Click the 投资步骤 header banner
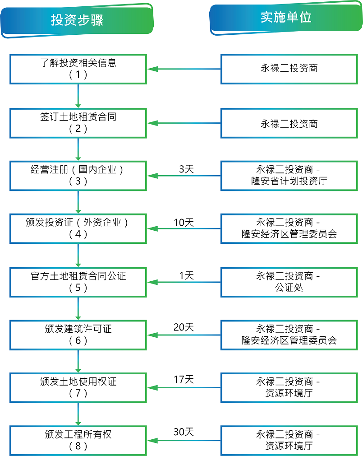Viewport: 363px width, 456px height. [x=77, y=20]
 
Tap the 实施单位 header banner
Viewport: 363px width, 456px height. [x=286, y=18]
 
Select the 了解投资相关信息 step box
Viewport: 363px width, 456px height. [x=78, y=69]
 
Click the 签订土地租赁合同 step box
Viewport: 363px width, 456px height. [x=78, y=123]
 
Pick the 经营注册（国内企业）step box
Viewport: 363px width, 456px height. [x=78, y=176]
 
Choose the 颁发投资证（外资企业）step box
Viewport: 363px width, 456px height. [x=78, y=228]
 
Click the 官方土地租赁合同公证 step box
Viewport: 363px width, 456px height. [x=78, y=282]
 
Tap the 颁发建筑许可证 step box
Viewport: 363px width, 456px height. [x=78, y=335]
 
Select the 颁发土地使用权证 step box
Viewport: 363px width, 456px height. [x=78, y=388]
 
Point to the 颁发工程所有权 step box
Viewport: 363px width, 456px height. [x=78, y=441]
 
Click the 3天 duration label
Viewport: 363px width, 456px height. [x=186, y=169]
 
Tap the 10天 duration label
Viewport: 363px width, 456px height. [x=184, y=223]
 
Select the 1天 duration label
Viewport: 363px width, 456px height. [x=186, y=276]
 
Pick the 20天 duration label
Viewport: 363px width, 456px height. [x=184, y=327]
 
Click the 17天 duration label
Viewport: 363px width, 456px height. [x=184, y=379]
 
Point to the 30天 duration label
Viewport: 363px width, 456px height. [x=184, y=432]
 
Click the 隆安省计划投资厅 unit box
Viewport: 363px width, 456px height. [x=289, y=176]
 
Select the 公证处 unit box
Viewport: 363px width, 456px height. [x=289, y=282]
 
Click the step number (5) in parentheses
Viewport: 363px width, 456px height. [x=78, y=288]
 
